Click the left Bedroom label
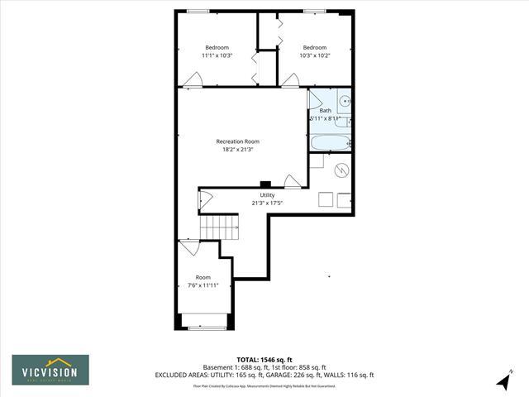(x=217, y=47)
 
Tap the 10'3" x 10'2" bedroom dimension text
(x=314, y=56)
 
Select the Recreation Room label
(x=237, y=141)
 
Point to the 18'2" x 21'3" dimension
(x=237, y=150)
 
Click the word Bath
(x=325, y=111)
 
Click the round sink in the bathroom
(x=346, y=102)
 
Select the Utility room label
(x=267, y=195)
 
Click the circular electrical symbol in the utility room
(x=341, y=171)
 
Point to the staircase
(x=222, y=225)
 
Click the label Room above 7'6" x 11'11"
(x=203, y=277)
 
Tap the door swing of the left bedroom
(x=193, y=79)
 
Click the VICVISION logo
(x=50, y=368)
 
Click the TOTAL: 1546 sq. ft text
(x=264, y=360)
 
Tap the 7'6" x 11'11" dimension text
(x=203, y=285)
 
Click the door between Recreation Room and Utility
(x=292, y=181)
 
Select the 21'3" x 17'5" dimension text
(x=267, y=203)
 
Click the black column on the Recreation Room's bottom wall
(x=264, y=184)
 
